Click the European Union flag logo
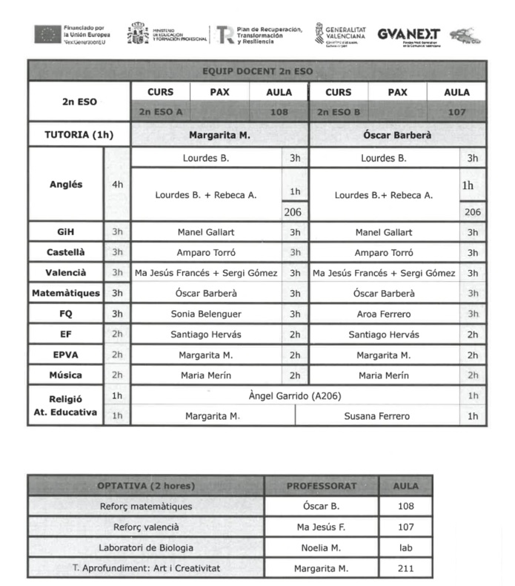coord(47,34)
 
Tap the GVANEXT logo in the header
coord(408,34)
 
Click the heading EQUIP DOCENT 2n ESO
coord(257,72)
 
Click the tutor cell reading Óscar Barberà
coord(397,135)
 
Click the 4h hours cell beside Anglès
coord(117,184)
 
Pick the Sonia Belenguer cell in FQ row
coord(206,314)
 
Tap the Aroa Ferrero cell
coord(383,314)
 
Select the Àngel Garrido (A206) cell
coord(294,395)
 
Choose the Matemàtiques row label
coord(66,293)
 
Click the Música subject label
coord(66,375)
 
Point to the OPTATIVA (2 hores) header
coord(146,486)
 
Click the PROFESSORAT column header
coord(321,486)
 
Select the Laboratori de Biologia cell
coord(146,547)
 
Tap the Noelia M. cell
coord(321,547)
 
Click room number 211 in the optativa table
coord(405,569)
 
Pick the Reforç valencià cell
coord(146,527)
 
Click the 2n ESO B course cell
coord(338,112)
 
